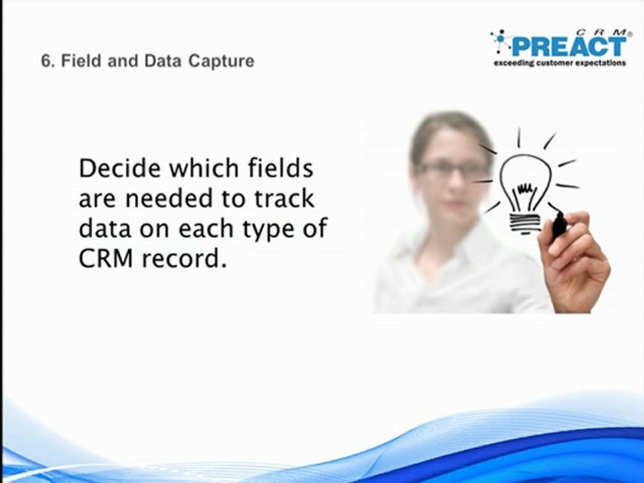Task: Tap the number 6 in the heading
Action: (x=46, y=61)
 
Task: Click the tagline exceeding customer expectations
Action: (x=559, y=63)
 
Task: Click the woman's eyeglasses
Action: (x=450, y=169)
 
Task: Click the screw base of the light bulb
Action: (x=526, y=221)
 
